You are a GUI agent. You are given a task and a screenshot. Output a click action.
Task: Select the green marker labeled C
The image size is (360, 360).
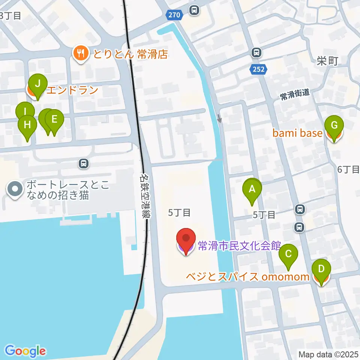(288, 255)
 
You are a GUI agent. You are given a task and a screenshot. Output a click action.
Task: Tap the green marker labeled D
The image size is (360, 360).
(321, 270)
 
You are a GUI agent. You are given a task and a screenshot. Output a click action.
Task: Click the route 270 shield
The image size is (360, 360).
(174, 15)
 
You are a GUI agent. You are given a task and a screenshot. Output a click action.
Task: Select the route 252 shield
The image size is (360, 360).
(258, 69)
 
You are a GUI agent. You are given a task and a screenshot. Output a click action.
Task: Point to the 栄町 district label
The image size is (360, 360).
(327, 61)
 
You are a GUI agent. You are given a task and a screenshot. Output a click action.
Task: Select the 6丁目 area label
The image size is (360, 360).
(348, 169)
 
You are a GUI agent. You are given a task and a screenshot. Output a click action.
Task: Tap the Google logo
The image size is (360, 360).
(25, 351)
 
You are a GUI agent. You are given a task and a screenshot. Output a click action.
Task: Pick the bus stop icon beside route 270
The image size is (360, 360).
(194, 10)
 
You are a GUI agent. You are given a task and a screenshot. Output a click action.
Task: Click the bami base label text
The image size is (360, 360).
(297, 133)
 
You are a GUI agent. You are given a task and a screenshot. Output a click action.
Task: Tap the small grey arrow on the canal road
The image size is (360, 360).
(219, 118)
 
